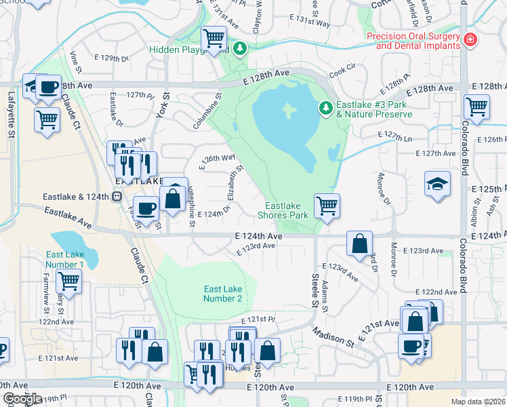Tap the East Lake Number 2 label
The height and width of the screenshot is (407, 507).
tap(223, 294)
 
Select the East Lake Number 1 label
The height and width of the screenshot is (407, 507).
tap(65, 259)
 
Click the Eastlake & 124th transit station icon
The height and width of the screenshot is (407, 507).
tap(117, 197)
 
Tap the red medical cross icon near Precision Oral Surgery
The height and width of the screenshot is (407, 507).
tap(470, 41)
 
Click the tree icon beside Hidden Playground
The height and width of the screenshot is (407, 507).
tap(239, 49)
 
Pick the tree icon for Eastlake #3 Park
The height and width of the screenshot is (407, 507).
tap(326, 108)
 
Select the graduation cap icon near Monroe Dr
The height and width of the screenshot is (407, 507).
tap(437, 184)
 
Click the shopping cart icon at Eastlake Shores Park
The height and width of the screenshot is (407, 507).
tap(327, 206)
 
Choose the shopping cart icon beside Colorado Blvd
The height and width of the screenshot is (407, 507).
tap(476, 106)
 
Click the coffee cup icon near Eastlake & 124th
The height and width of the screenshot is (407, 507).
tap(145, 208)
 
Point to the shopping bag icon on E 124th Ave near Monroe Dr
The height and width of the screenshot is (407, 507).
tap(359, 243)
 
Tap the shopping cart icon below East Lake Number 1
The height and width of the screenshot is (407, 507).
tap(68, 280)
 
